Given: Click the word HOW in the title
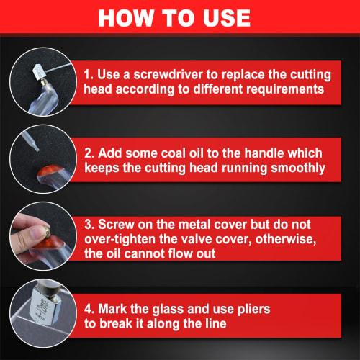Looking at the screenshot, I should click(123, 17).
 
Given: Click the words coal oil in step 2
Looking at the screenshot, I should click(193, 155).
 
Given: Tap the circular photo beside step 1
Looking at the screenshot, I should click(37, 80).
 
